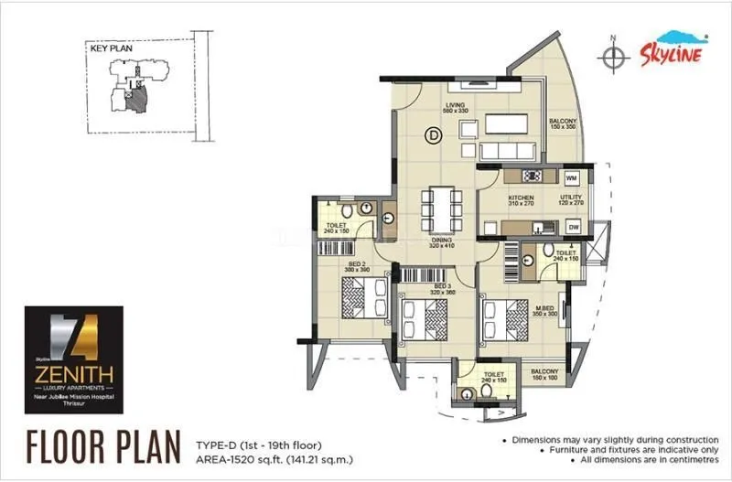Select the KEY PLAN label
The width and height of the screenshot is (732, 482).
pyautogui.click(x=106, y=51)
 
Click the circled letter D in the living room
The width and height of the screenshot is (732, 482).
pyautogui.click(x=432, y=136)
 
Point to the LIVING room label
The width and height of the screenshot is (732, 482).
pyautogui.click(x=456, y=105)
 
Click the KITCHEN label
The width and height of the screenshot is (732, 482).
pyautogui.click(x=521, y=197)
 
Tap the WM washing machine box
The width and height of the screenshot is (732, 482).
pyautogui.click(x=571, y=177)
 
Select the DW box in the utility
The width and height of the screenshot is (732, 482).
pyautogui.click(x=573, y=227)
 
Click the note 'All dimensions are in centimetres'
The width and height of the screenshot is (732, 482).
pyautogui.click(x=613, y=467)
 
